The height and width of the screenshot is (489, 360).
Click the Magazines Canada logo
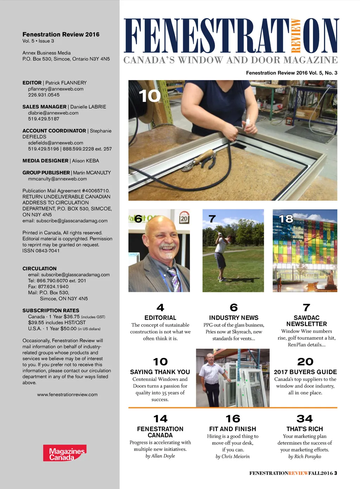[65, 453]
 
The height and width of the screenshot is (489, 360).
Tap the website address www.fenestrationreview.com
[67, 395]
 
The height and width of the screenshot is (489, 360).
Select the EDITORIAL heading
[160, 318]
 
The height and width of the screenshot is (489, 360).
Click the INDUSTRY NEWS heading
[234, 318]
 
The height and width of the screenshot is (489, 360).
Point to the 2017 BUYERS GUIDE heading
[305, 372]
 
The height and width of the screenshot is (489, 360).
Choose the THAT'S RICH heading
[304, 429]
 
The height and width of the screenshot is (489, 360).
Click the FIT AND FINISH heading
[232, 429]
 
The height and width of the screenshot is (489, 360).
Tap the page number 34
[304, 419]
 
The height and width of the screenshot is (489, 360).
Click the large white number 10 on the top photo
[150, 96]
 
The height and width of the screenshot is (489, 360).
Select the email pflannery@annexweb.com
[56, 89]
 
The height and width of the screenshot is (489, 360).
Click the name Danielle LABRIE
[88, 107]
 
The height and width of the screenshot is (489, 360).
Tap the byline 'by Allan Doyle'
[160, 456]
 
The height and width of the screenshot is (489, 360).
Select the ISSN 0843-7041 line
[41, 251]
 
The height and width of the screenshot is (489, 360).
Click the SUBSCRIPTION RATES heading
[51, 311]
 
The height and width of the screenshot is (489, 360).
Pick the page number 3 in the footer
[336, 473]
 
